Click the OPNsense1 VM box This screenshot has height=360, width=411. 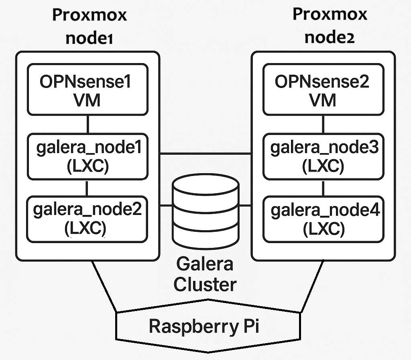87,89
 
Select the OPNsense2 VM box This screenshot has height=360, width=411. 323,89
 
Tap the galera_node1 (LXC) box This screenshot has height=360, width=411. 87,157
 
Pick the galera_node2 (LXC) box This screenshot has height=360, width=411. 87,219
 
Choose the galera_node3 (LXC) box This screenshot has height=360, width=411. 323,157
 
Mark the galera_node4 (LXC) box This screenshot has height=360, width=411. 323,219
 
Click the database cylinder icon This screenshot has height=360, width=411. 205,211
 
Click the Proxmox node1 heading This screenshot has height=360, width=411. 89,27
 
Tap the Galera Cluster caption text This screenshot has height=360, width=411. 205,275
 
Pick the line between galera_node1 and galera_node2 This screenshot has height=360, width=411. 87,188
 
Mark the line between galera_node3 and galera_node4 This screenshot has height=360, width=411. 323,188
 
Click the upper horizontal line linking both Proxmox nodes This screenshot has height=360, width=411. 205,153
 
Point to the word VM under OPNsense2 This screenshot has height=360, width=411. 323,99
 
